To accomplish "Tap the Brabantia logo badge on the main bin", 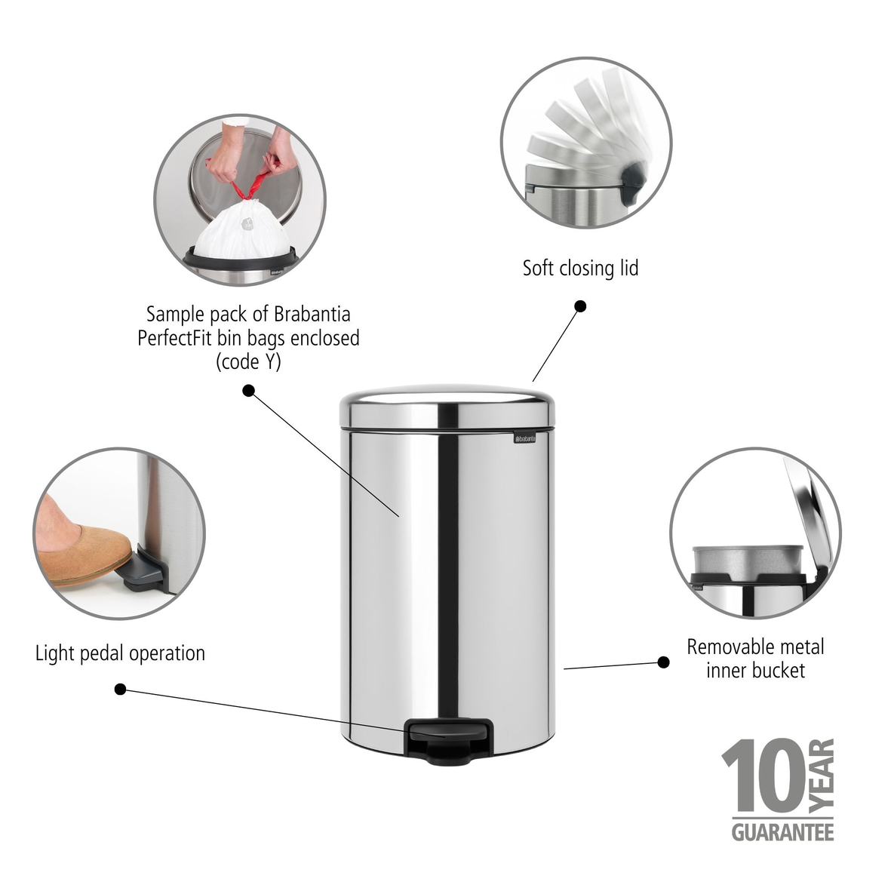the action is coord(524,438).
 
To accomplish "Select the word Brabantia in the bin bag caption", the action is coord(312,315).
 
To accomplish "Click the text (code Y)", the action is coord(248,362).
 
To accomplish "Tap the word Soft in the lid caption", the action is coord(538,269).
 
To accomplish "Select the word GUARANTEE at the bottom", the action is coord(782,832).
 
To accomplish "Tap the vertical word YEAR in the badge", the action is coord(822,775).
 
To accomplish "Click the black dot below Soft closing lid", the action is coord(580,306).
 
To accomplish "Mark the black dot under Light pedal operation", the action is coord(120,690).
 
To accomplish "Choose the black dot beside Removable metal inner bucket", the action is coord(663,662).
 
